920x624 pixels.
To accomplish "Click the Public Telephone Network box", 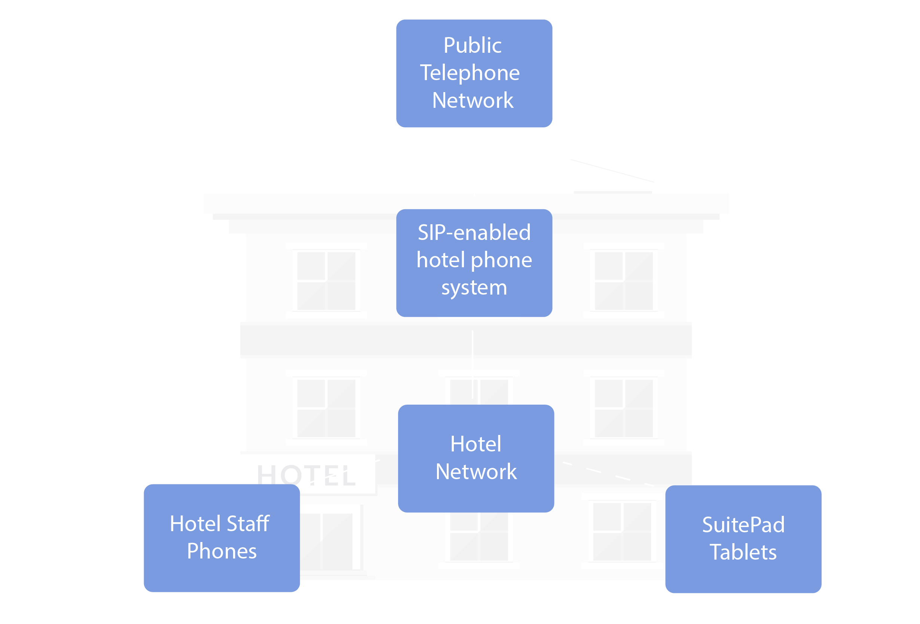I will tap(474, 73).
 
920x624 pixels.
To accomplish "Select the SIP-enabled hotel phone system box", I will tap(474, 263).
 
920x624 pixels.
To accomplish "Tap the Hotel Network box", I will tap(476, 459).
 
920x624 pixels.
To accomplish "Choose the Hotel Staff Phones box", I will tap(222, 538).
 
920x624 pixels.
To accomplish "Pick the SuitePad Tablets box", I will tap(743, 539).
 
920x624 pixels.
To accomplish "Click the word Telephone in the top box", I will tap(470, 73).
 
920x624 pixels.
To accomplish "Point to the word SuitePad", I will tap(743, 525).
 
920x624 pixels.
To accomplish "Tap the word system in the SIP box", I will tap(474, 287).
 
